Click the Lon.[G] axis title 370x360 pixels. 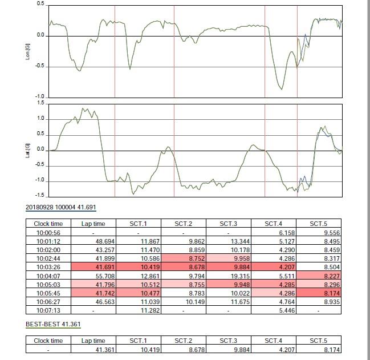click(x=27, y=52)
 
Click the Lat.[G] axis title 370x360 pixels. click(x=27, y=151)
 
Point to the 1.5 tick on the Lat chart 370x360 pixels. click(x=40, y=103)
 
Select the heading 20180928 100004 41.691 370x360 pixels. click(x=61, y=207)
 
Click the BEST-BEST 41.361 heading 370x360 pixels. click(x=53, y=324)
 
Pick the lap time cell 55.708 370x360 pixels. click(x=105, y=276)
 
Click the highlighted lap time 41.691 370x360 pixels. click(x=105, y=267)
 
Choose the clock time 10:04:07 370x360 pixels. click(x=48, y=276)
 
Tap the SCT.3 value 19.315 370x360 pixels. click(x=240, y=276)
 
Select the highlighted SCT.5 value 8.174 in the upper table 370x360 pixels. click(x=332, y=293)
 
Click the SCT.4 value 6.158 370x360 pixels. click(x=287, y=233)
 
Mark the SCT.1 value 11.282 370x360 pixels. click(x=151, y=310)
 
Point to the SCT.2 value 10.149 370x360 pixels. click(x=195, y=302)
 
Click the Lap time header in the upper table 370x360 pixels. click(x=93, y=224)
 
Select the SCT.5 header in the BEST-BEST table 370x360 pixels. click(x=319, y=341)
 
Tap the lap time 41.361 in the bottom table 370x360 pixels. click(x=105, y=350)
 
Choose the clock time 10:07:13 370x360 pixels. click(x=48, y=310)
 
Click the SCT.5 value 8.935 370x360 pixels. click(x=332, y=302)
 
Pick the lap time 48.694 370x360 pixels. click(x=105, y=241)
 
